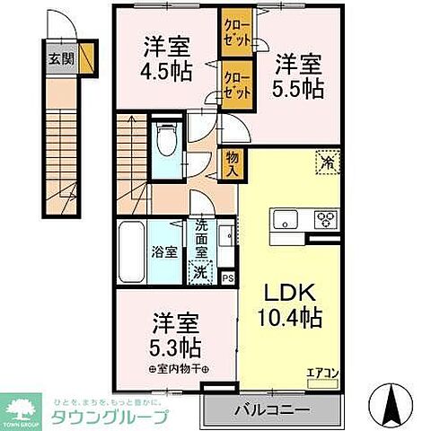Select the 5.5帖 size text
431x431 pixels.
(x=297, y=88)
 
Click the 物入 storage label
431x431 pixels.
(x=232, y=164)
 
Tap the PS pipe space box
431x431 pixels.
(x=227, y=278)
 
